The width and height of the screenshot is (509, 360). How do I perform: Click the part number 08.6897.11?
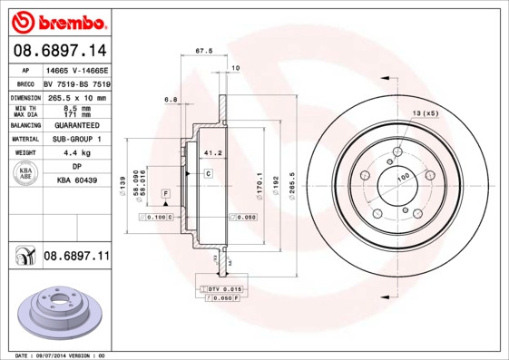pos(76,258)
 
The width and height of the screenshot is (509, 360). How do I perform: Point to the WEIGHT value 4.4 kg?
pos(76,153)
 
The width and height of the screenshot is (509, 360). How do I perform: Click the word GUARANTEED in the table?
pos(76,125)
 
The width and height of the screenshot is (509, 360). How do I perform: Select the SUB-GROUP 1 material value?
pos(76,140)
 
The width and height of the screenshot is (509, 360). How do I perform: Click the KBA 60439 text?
pos(76,181)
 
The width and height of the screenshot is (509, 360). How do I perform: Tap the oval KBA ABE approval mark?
pos(26,174)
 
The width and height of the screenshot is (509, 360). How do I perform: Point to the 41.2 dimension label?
pos(213,153)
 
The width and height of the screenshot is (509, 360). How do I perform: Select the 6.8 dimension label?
pos(170,99)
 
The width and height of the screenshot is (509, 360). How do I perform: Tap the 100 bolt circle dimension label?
pos(403,177)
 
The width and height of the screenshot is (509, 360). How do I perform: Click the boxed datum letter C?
pos(208,172)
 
